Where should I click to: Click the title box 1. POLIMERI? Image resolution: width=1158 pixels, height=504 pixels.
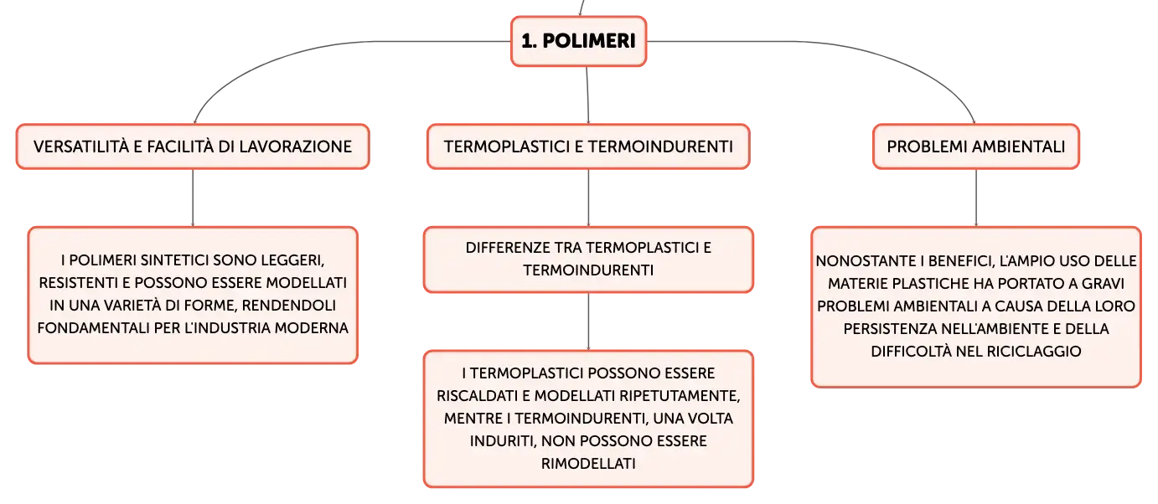click(x=578, y=41)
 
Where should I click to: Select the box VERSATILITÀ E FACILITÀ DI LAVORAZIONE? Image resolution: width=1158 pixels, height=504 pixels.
click(x=193, y=147)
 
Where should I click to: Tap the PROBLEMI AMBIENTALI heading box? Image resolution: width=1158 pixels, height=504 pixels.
click(x=976, y=147)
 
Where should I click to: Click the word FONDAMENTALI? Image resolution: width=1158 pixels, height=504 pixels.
click(x=93, y=328)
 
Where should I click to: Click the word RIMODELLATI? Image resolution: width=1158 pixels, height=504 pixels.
click(x=588, y=464)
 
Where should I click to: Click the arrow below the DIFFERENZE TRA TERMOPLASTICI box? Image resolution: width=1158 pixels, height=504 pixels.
click(x=588, y=321)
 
